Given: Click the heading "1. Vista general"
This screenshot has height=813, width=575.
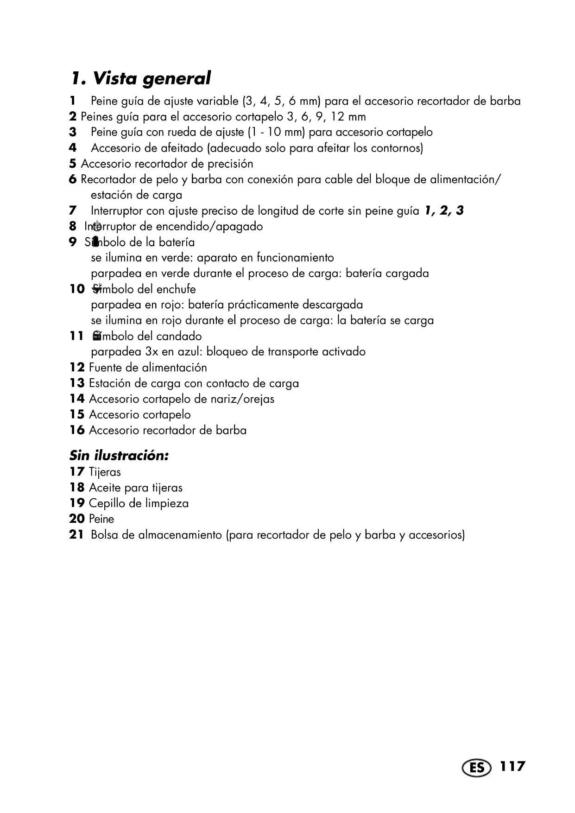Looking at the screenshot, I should point(141,78).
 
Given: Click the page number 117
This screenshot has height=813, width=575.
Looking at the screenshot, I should point(512,766).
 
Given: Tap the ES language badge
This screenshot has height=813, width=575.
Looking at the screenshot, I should point(476,768).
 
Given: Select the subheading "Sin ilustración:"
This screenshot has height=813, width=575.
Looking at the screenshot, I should point(119,456).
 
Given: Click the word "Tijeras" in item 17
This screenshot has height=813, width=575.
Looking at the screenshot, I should point(105,472).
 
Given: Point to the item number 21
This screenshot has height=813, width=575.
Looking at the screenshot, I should point(76,535).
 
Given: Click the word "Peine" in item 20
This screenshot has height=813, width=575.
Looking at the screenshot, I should point(101,519).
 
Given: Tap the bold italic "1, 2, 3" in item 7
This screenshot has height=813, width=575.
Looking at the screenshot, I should point(444,211).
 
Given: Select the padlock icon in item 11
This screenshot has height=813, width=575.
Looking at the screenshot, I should point(97,335).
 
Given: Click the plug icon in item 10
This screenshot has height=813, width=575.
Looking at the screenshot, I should point(97,288).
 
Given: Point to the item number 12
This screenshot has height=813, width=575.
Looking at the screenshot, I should point(77,368).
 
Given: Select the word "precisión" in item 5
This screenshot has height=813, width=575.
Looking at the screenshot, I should point(230,164).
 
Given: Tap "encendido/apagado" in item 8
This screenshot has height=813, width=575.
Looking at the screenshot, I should point(209,227).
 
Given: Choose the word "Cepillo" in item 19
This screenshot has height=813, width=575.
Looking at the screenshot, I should point(106,503).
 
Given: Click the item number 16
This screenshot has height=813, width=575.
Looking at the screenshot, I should point(77,430).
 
